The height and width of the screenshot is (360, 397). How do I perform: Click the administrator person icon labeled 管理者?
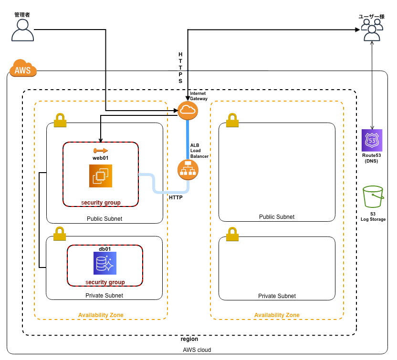click(x=22, y=31)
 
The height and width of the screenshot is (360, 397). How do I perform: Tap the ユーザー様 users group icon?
click(x=372, y=31)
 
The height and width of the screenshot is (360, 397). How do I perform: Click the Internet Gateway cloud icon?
click(x=188, y=111)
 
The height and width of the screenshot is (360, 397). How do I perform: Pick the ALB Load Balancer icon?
click(x=188, y=170)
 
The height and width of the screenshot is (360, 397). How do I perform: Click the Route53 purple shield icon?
click(x=372, y=140)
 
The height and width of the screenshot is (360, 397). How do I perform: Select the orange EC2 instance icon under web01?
click(x=100, y=176)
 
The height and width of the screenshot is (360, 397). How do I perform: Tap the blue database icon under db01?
click(x=105, y=263)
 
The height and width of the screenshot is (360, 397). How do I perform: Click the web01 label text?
click(x=101, y=157)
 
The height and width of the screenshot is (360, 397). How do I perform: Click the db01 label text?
click(x=105, y=249)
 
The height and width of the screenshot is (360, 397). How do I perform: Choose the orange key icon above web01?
click(x=101, y=151)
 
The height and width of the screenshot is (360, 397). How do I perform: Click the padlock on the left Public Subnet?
click(x=60, y=120)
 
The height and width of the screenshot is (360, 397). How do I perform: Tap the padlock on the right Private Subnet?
click(x=232, y=234)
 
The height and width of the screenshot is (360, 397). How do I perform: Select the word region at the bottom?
click(x=189, y=339)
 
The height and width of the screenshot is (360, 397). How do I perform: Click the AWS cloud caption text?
click(x=197, y=350)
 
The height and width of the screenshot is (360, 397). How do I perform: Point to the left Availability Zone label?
click(x=101, y=315)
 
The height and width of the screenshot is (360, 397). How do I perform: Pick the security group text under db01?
click(x=105, y=282)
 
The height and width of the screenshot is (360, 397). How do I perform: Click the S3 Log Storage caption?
click(x=373, y=216)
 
